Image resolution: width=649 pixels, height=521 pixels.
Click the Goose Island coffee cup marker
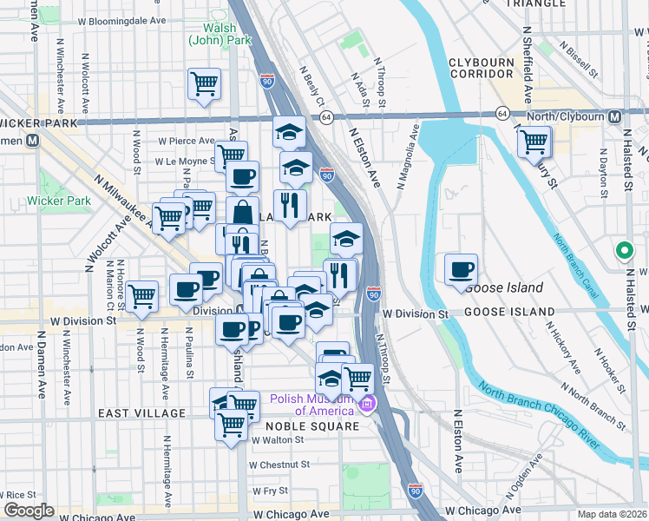(461, 269)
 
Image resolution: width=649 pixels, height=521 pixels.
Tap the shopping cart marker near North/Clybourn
(534, 141)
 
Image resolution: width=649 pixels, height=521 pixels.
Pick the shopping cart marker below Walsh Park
(204, 84)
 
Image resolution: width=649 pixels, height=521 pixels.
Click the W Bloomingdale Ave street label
(121, 19)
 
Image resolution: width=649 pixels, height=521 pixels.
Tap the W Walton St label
(279, 440)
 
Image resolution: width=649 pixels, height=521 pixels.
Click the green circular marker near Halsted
(622, 251)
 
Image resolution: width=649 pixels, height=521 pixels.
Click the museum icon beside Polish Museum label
(367, 404)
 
